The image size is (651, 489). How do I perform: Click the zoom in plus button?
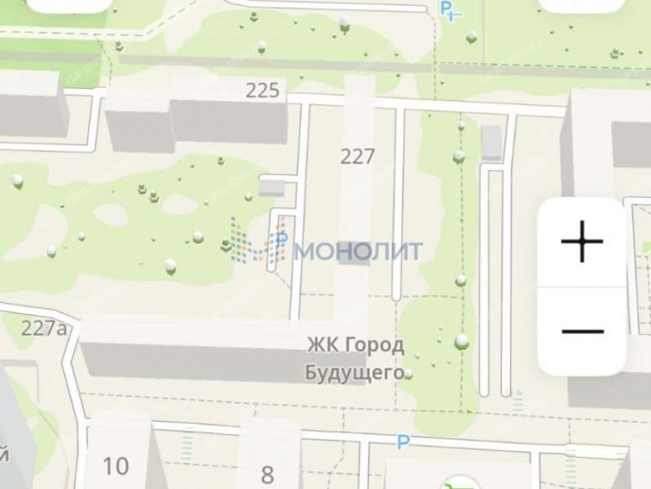[582, 243]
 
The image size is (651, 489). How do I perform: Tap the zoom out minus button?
[582, 332]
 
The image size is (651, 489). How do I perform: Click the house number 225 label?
[262, 90]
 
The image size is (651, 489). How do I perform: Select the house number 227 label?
[357, 156]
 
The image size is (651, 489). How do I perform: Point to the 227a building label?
[44, 328]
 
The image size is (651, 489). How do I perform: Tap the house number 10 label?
[116, 466]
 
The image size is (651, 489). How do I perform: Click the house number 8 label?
[267, 474]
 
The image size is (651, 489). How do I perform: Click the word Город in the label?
[373, 345]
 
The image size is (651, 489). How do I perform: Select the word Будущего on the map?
[354, 372]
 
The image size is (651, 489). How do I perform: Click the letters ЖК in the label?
[318, 345]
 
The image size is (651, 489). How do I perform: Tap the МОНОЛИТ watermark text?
[358, 250]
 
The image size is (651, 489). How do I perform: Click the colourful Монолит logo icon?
[259, 242]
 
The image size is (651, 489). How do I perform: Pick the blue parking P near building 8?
[401, 442]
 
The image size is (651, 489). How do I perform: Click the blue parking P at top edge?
[447, 8]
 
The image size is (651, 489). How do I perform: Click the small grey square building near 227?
[272, 188]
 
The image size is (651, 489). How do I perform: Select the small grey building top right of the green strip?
[492, 142]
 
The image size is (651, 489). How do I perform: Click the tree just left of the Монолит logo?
[227, 244]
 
